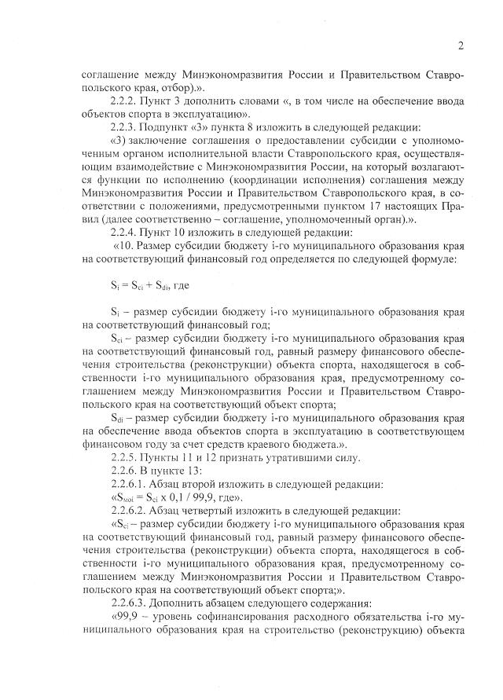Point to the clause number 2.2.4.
pos(129,232)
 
